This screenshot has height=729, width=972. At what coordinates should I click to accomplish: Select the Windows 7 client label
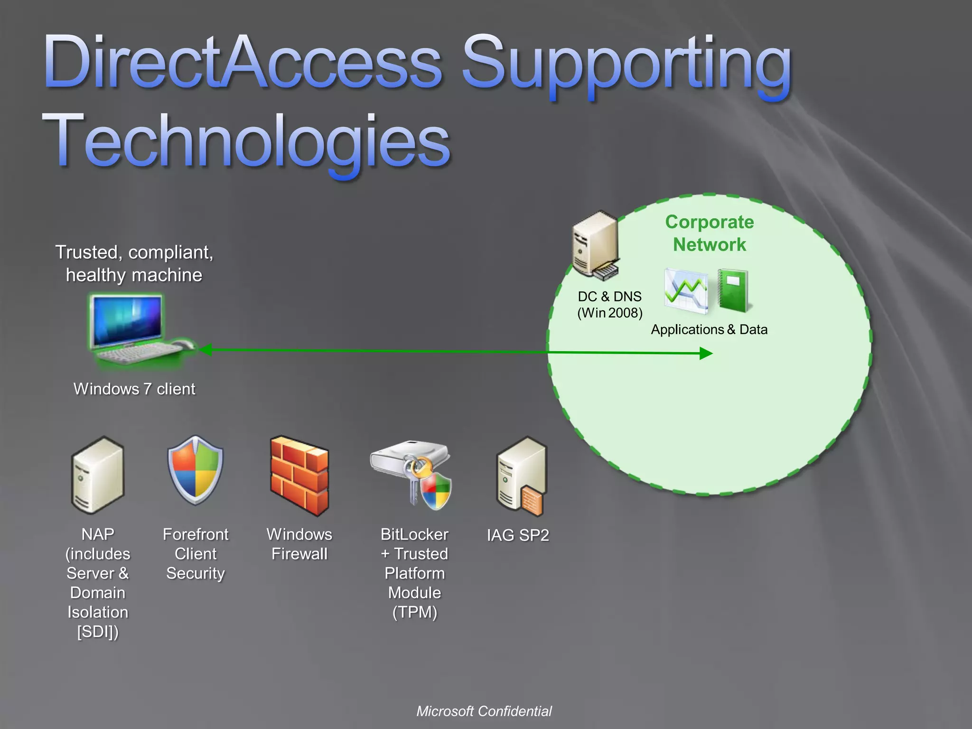tap(134, 389)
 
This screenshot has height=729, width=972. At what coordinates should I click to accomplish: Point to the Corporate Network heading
tap(709, 233)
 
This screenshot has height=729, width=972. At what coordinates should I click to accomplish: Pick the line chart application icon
tap(686, 291)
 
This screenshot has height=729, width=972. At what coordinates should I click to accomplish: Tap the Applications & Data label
tap(709, 329)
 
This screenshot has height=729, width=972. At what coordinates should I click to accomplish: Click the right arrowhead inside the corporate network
tap(706, 353)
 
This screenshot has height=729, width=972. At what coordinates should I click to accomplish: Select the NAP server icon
tap(98, 475)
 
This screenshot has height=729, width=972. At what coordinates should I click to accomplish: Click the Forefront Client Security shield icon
tap(195, 470)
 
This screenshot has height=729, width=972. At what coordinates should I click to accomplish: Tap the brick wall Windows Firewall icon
tap(299, 476)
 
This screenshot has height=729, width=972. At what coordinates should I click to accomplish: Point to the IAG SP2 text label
tap(518, 535)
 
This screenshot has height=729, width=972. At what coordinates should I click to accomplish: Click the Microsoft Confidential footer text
tap(484, 711)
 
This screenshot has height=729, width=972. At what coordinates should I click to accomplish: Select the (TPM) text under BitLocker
tap(414, 612)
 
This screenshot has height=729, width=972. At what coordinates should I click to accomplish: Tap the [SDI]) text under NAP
tap(98, 632)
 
